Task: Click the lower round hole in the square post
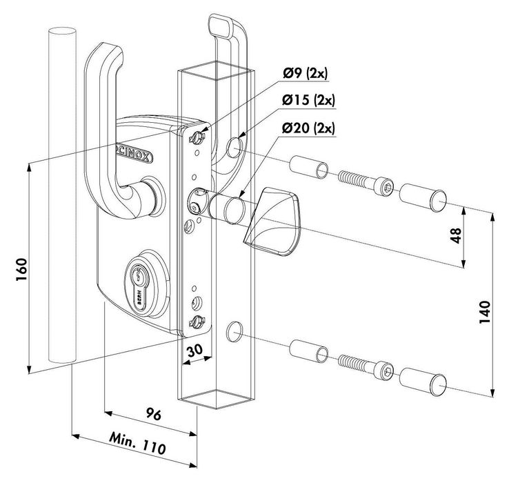tap(232, 331)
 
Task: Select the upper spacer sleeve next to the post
tap(308, 169)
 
